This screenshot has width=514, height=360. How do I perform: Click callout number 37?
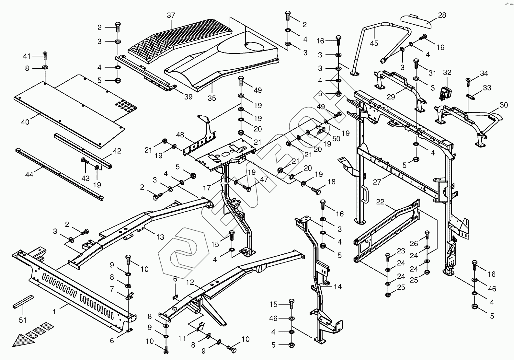pos(171,15)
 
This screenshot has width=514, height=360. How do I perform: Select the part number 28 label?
pos(442,15)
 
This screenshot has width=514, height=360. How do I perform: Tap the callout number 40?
pos(25,122)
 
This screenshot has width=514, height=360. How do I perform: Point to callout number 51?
pos(22,320)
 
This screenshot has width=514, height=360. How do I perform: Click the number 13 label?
pos(160,237)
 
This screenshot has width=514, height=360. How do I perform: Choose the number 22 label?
pos(380,202)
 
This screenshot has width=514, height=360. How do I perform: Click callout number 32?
pos(447,72)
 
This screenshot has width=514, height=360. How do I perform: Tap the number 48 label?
pos(180,135)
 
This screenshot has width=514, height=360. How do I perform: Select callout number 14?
pos(338,287)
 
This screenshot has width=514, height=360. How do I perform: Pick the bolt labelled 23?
pos(388,258)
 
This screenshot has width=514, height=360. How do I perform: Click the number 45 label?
pos(374,43)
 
